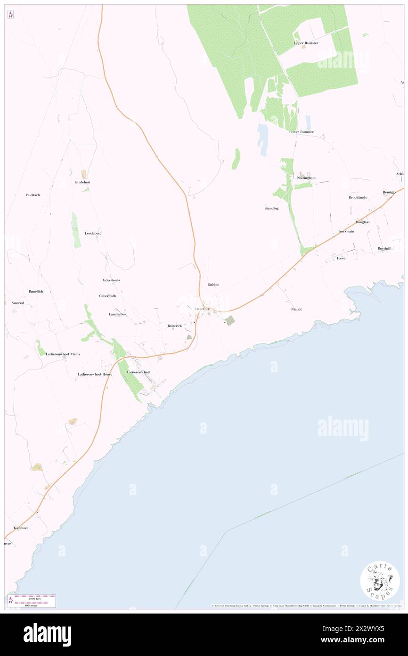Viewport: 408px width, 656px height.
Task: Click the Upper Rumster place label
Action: click(x=306, y=43)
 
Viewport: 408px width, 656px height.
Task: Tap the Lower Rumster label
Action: click(x=301, y=132)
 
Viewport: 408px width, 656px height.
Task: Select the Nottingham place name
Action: click(x=306, y=178)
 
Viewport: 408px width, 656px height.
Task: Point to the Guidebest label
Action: click(x=82, y=182)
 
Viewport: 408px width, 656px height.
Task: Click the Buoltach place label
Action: click(x=33, y=195)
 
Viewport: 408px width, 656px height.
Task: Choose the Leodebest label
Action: click(x=93, y=233)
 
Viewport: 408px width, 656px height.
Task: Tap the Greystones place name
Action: click(x=111, y=280)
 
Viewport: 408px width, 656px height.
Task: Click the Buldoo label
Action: click(x=213, y=285)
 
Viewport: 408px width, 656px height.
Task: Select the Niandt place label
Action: click(x=296, y=309)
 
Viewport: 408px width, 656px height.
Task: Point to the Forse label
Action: click(x=341, y=258)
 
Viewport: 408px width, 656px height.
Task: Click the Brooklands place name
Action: click(x=358, y=197)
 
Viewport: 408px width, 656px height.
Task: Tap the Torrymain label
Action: click(x=346, y=232)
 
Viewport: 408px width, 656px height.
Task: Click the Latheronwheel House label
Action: click(x=95, y=374)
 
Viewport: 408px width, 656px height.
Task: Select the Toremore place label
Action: click(x=21, y=528)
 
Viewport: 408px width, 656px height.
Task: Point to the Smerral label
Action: click(x=17, y=303)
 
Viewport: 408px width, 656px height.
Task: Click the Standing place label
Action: click(x=271, y=208)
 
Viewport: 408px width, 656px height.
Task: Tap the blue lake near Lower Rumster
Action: click(x=262, y=140)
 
